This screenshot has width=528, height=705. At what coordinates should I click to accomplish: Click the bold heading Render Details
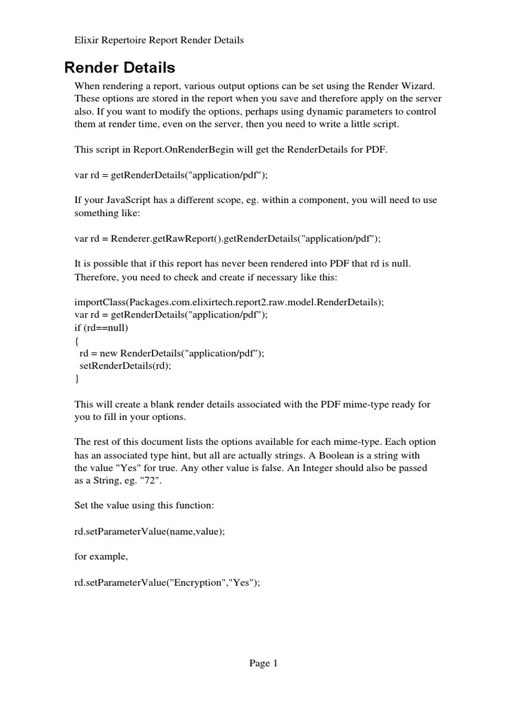pyautogui.click(x=120, y=67)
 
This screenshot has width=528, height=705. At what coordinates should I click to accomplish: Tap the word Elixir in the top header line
pyautogui.click(x=87, y=40)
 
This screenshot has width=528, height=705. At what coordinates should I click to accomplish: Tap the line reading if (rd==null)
pyautogui.click(x=101, y=327)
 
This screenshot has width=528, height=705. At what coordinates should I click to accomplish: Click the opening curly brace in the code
pyautogui.click(x=76, y=340)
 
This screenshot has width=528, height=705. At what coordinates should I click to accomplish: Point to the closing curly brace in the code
pyautogui.click(x=76, y=378)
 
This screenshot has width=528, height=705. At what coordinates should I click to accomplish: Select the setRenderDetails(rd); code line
pyautogui.click(x=125, y=366)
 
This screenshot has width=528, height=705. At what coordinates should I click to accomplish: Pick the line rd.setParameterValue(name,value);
pyautogui.click(x=149, y=531)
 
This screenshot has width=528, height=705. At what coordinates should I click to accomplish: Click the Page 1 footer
pyautogui.click(x=263, y=664)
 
